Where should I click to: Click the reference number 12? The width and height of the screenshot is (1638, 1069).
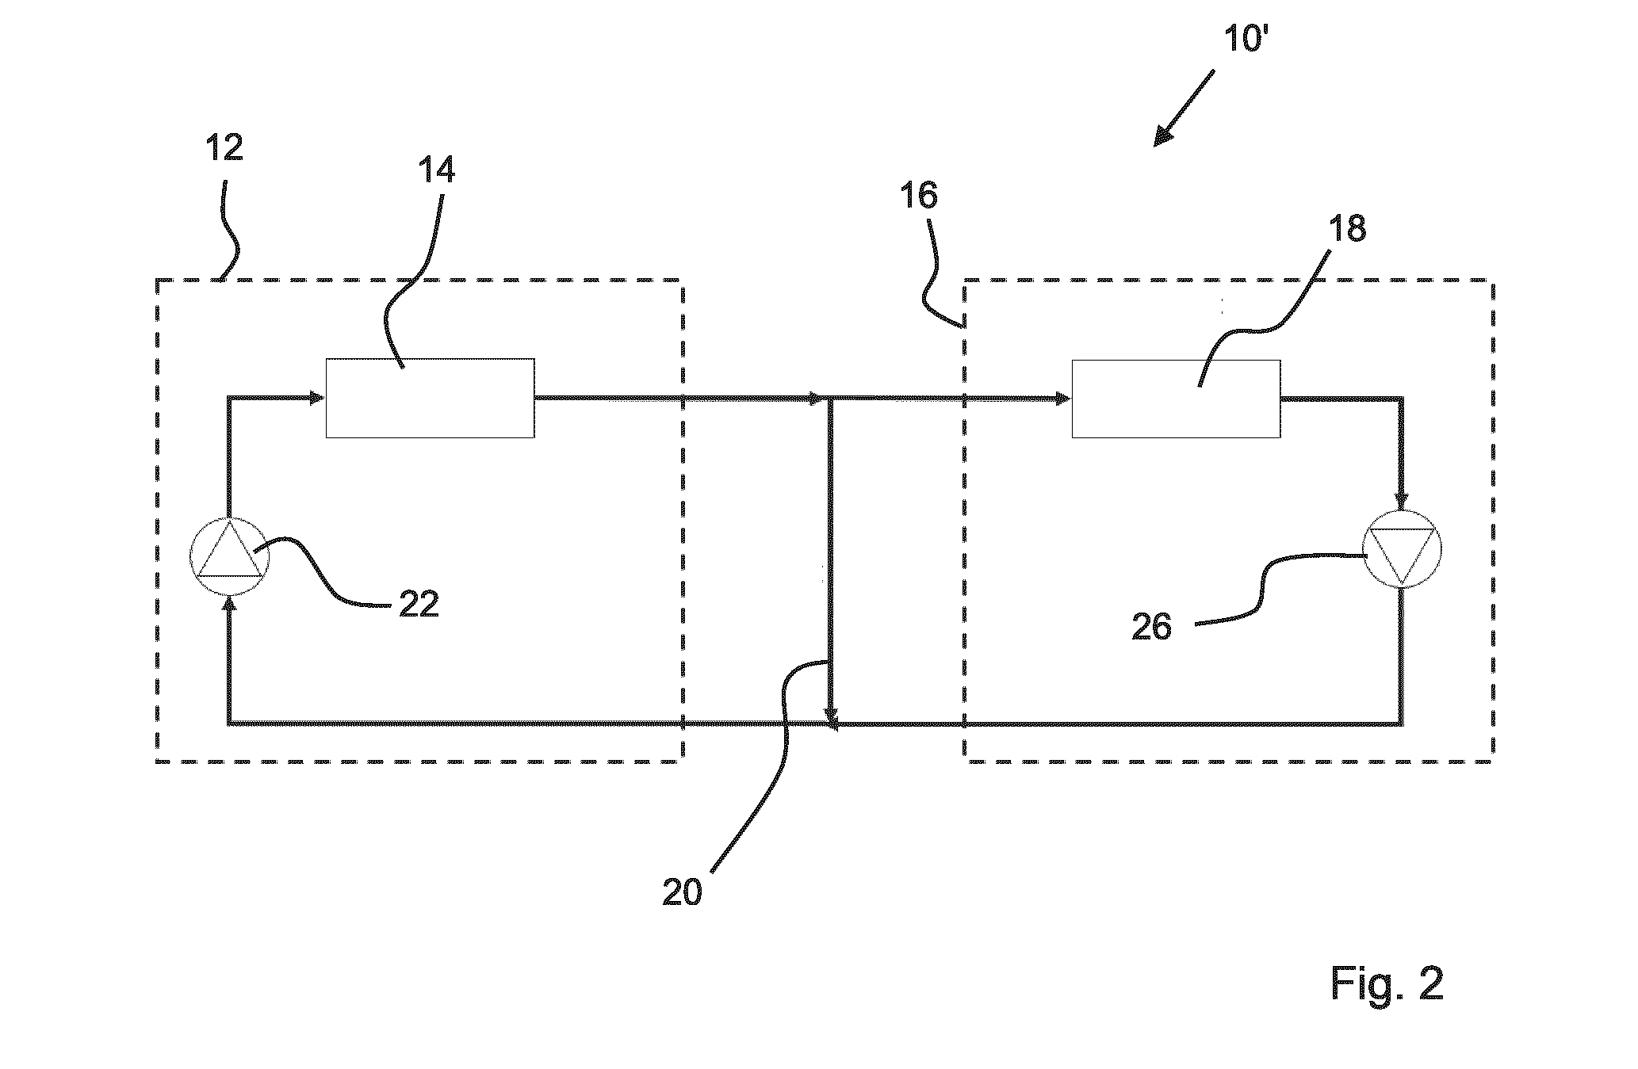coord(224,147)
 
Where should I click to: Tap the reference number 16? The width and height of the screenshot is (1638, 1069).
coord(919,195)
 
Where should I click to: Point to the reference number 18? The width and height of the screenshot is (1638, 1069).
coord(1348,228)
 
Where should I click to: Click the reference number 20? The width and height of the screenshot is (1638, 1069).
coord(683,892)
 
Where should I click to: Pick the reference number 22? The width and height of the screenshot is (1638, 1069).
coord(419,605)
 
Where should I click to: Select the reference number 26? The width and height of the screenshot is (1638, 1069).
coord(1151,627)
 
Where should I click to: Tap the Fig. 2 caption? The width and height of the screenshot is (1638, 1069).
coord(1387,983)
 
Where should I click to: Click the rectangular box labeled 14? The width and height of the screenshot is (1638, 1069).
coord(430,398)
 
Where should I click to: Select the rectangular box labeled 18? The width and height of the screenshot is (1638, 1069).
coord(1176,399)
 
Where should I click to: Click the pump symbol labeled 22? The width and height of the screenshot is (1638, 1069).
coord(230,557)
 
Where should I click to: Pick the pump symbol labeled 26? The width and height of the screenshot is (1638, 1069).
coord(1401,548)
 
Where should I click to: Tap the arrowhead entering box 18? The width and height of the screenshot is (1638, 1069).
coord(1063,399)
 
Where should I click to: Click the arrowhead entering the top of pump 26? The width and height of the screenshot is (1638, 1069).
coord(1401,500)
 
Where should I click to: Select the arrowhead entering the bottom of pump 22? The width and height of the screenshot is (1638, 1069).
coord(230,605)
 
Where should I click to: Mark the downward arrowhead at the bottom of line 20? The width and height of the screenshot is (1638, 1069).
coord(830,717)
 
